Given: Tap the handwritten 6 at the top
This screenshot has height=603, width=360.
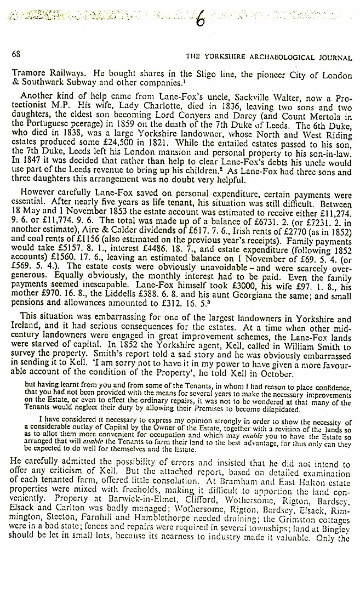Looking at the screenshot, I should pyautogui.click(x=201, y=21).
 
